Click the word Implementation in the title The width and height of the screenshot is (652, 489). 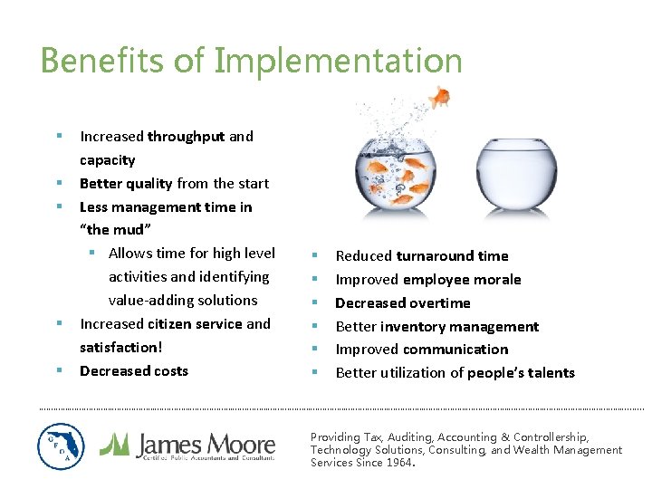coord(339,62)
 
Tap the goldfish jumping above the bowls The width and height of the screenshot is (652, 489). coord(440,96)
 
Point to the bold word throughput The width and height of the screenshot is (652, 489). coord(186,137)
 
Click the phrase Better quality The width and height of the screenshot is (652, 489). coord(126,184)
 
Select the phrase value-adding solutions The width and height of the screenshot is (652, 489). coord(183,301)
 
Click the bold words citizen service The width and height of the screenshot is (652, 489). coord(196,324)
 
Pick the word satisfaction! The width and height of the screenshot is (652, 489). coord(120,348)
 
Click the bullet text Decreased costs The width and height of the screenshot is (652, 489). coord(134,371)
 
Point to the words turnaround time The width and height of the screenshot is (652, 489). coord(452,256)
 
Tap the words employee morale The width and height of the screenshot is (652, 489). coord(462,280)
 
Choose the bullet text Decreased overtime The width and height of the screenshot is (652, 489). coord(403,303)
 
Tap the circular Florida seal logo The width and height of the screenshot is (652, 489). coord(62,446)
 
